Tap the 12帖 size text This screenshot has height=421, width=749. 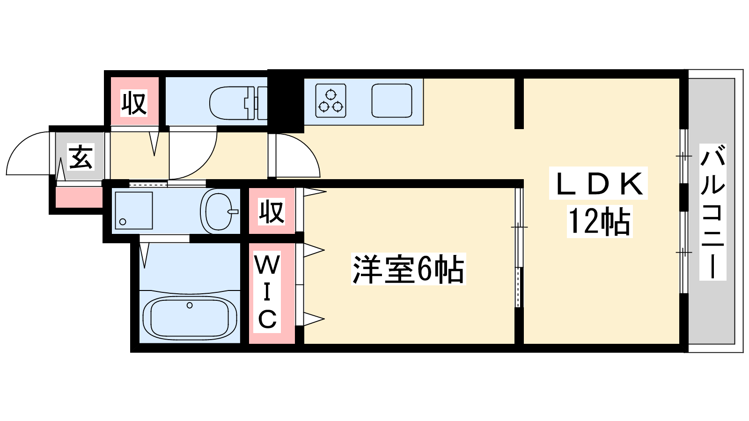point(599,221)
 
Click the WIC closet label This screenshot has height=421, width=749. point(267,292)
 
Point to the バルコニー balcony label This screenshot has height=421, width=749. point(712,212)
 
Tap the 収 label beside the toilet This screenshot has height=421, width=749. point(134,103)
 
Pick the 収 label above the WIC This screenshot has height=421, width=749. point(272,211)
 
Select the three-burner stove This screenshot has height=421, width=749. point(331,101)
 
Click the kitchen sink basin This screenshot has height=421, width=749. point(392,101)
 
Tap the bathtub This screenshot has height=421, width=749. point(190,317)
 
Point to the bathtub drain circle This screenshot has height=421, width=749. point(190,305)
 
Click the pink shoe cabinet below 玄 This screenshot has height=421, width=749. point(79,197)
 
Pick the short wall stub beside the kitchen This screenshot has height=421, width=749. point(519,103)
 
